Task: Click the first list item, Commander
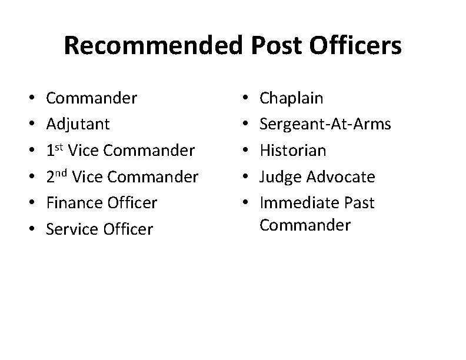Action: click(91, 98)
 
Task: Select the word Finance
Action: click(75, 203)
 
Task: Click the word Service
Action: click(72, 229)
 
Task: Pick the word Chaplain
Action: click(292, 98)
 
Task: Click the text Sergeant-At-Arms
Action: click(325, 124)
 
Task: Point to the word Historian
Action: click(292, 150)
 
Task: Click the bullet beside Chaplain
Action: click(244, 98)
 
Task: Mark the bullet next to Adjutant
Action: click(29, 124)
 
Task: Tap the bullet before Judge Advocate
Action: click(244, 176)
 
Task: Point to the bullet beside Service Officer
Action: click(29, 229)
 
